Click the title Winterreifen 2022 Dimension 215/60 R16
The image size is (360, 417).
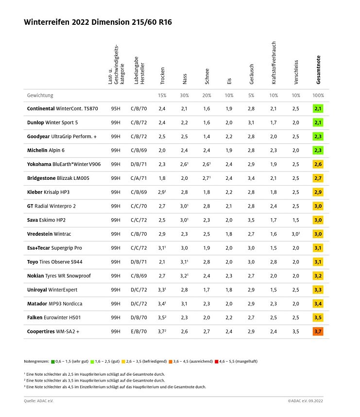coord(98,22)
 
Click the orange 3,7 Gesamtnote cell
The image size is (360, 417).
coord(318,332)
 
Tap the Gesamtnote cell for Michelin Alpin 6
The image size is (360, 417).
coord(318,151)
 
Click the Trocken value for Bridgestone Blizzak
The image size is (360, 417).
coord(162,178)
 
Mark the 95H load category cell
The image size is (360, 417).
coord(116,108)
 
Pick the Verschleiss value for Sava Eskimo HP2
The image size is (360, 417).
coord(296,220)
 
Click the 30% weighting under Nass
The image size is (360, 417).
coord(184,95)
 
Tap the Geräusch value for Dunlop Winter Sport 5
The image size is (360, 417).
coord(251,122)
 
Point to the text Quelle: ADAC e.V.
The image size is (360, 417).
coord(40,401)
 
